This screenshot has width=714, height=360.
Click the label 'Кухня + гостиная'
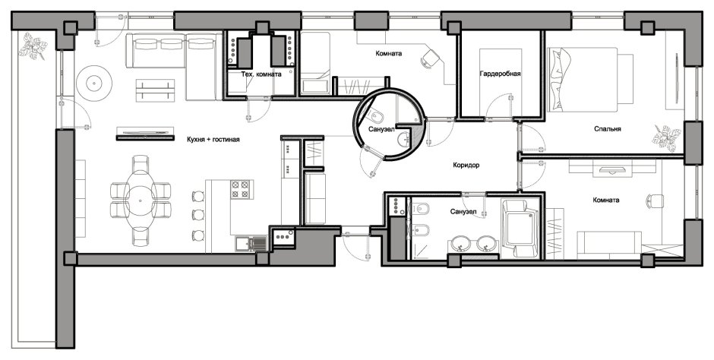click(x=213, y=140)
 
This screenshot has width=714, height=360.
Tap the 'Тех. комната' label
click(x=261, y=74)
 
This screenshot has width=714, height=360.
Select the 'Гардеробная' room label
click(x=500, y=73)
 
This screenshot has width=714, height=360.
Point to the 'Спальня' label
click(x=608, y=129)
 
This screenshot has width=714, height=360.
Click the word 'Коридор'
click(x=466, y=166)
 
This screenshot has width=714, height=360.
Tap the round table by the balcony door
click(x=93, y=84)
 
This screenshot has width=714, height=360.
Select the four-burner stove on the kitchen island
click(x=241, y=189)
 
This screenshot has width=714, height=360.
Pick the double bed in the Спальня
click(x=590, y=79)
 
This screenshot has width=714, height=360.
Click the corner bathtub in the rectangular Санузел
click(x=519, y=229)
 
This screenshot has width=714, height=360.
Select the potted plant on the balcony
click(x=33, y=46)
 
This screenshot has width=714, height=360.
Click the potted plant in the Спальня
click(x=666, y=138)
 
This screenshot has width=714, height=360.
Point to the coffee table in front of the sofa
click(x=155, y=90)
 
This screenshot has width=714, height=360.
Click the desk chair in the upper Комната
click(x=431, y=58)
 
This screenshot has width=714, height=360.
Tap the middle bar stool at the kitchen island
click(x=198, y=214)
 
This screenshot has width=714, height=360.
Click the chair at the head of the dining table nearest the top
click(x=141, y=163)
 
